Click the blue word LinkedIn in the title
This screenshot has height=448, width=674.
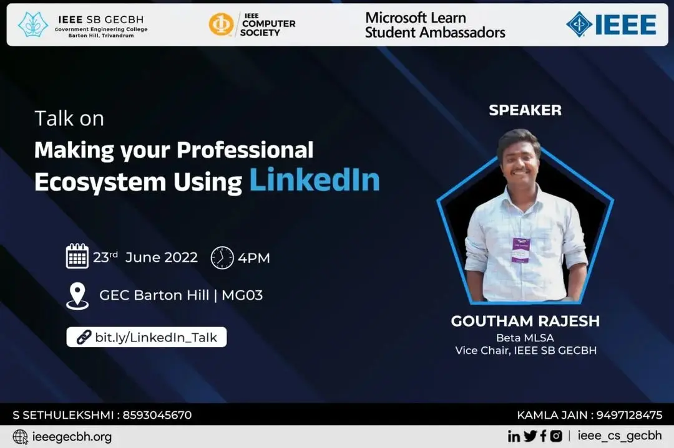pyautogui.click(x=315, y=180)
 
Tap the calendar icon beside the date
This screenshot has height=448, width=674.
pyautogui.click(x=77, y=256)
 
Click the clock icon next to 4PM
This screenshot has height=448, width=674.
pyautogui.click(x=222, y=257)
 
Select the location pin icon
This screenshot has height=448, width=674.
pyautogui.click(x=77, y=296)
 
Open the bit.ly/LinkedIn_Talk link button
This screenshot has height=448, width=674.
pyautogui.click(x=147, y=337)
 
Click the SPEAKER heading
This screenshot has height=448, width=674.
pyautogui.click(x=525, y=110)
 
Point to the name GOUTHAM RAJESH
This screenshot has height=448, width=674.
pyautogui.click(x=525, y=321)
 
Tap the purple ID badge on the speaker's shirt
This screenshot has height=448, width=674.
pyautogui.click(x=520, y=250)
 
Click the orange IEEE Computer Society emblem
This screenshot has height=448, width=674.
pyautogui.click(x=221, y=24)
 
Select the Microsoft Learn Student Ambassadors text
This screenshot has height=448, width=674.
pyautogui.click(x=435, y=25)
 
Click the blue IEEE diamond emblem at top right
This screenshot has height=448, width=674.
pyautogui.click(x=579, y=24)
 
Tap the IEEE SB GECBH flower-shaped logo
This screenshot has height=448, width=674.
pyautogui.click(x=33, y=24)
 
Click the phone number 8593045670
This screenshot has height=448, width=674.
pyautogui.click(x=157, y=416)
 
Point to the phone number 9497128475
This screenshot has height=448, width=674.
pyautogui.click(x=629, y=416)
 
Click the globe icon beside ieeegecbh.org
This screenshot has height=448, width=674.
pyautogui.click(x=20, y=437)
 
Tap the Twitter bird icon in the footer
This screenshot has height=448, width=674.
pyautogui.click(x=530, y=436)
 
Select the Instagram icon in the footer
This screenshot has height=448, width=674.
pyautogui.click(x=556, y=436)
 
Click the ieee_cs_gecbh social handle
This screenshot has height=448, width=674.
pyautogui.click(x=620, y=436)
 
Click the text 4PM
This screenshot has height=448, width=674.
pyautogui.click(x=254, y=258)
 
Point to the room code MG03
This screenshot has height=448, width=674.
pyautogui.click(x=242, y=295)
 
